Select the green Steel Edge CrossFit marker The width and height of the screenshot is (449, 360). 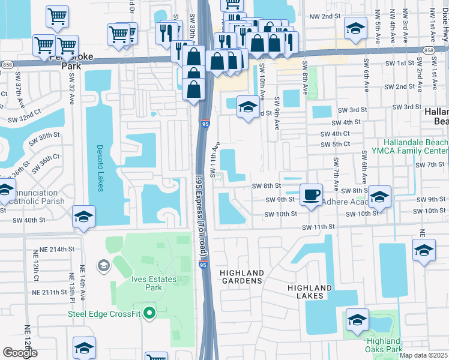click(x=150, y=312)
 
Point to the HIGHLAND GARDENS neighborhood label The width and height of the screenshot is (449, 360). click(x=241, y=277)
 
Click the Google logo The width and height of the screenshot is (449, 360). click(x=20, y=352)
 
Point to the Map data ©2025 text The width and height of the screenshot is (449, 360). click(x=423, y=355)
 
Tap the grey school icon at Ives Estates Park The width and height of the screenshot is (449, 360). click(x=103, y=265)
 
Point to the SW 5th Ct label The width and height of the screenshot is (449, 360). click(x=335, y=145)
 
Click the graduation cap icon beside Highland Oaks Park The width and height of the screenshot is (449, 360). click(x=357, y=321)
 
